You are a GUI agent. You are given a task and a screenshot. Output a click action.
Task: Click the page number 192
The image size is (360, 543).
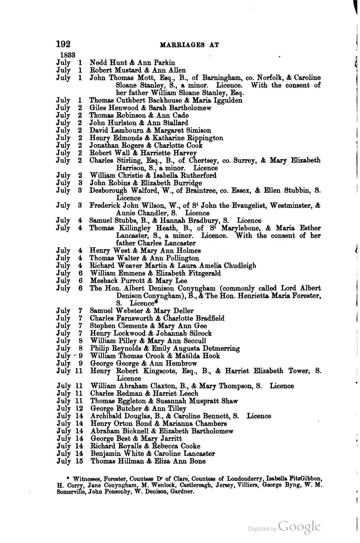click(63, 44)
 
